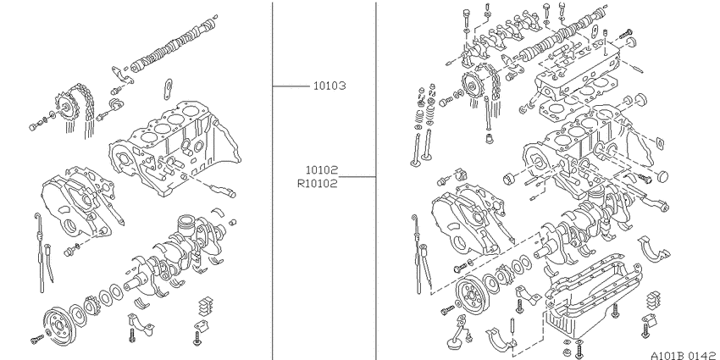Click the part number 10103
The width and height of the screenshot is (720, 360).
click(330, 86)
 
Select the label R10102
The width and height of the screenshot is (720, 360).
click(318, 184)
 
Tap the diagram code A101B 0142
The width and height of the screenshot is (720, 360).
click(683, 356)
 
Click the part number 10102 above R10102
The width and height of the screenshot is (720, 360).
click(321, 170)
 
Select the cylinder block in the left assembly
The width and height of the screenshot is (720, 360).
click(174, 147)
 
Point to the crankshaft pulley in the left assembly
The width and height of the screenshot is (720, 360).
click(58, 326)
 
